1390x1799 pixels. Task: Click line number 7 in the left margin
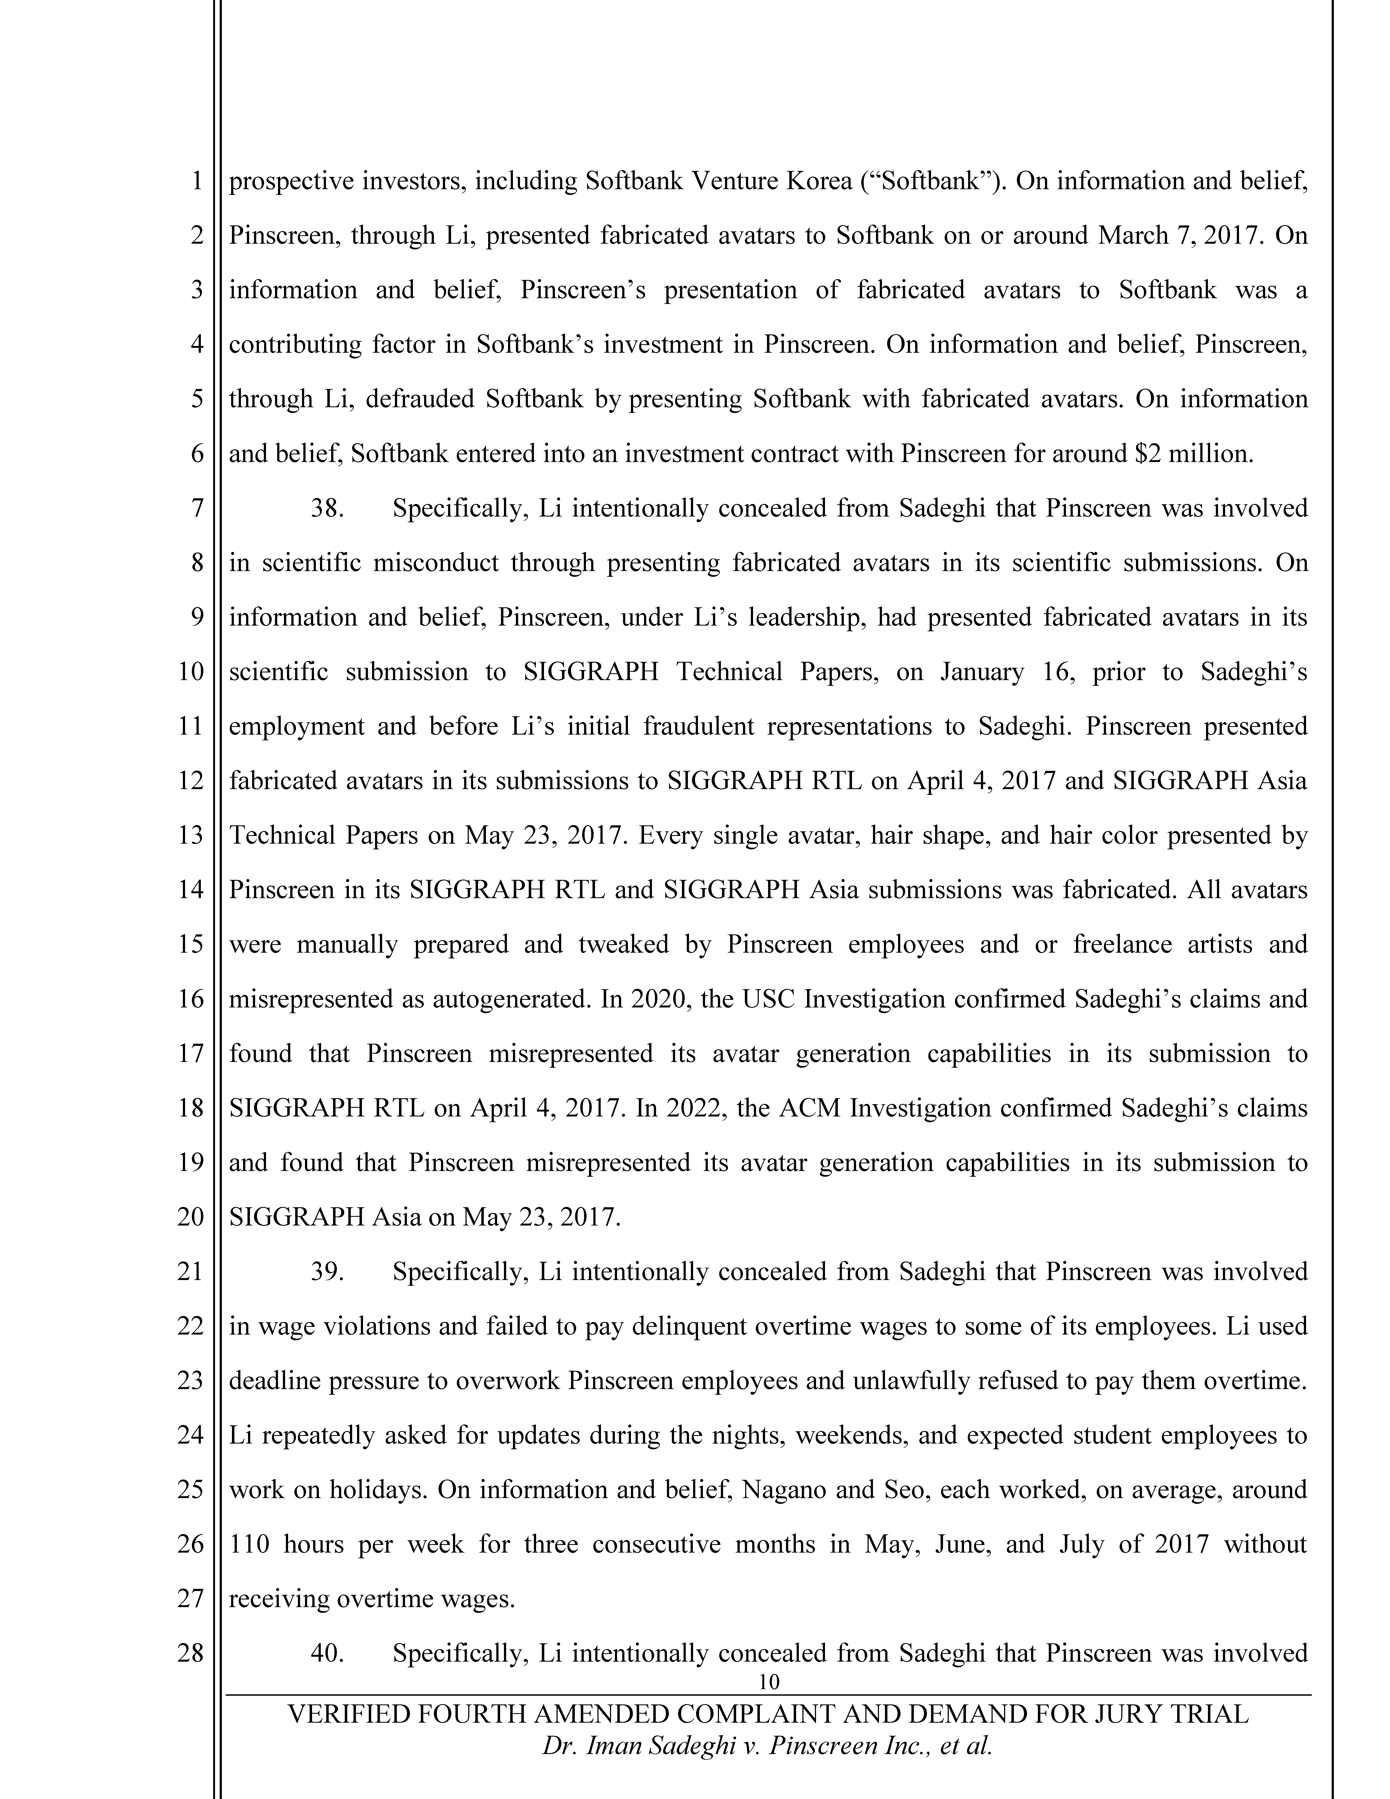click(x=197, y=508)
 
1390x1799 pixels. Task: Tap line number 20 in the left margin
click(x=190, y=1217)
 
